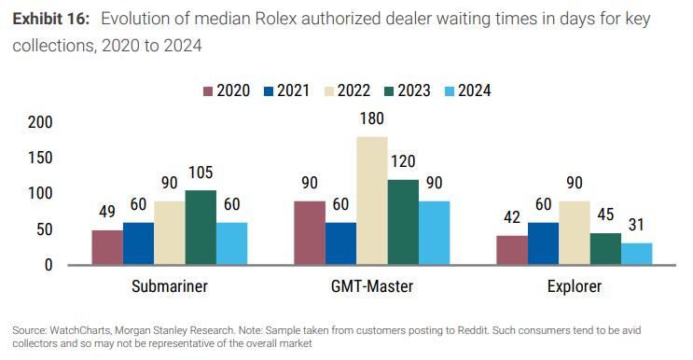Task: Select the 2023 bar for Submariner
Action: tap(201, 228)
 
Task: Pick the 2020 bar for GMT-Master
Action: tap(311, 233)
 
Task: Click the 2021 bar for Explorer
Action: tap(543, 243)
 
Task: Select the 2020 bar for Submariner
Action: tap(107, 247)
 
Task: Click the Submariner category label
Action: tap(169, 286)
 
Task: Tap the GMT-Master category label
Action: tap(372, 286)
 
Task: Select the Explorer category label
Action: tap(575, 286)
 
